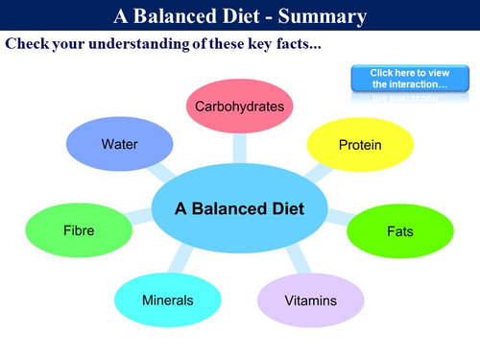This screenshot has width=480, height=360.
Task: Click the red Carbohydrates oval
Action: coord(239,106)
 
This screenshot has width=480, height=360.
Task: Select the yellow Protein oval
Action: coord(360,145)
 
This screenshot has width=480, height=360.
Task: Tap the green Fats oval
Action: coord(399,231)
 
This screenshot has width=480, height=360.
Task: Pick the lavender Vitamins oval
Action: coord(310,300)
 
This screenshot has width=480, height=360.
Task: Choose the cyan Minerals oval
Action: coord(167,300)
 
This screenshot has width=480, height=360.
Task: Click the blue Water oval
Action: coord(120,145)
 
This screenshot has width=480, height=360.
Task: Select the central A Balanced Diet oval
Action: coord(239,208)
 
